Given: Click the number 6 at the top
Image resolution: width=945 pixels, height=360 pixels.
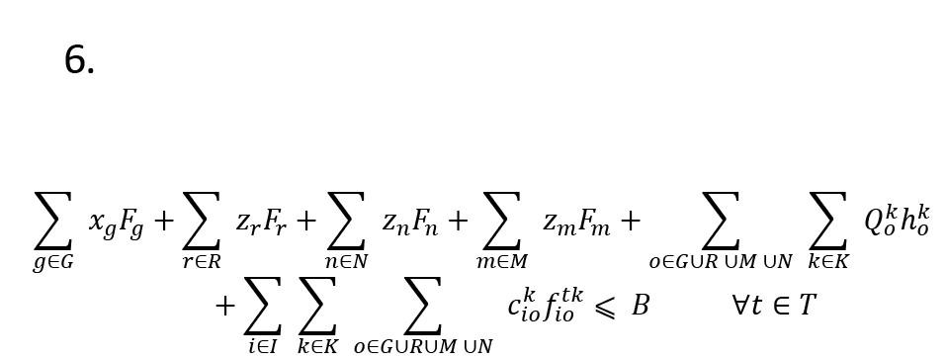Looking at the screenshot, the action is [79, 60].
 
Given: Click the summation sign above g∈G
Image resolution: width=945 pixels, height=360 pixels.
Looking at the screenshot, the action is [53, 221].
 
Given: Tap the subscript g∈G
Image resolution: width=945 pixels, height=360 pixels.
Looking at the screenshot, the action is [53, 262].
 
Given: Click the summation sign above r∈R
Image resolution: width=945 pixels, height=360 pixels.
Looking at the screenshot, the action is [202, 221].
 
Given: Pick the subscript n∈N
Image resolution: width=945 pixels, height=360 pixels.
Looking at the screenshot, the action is [347, 262].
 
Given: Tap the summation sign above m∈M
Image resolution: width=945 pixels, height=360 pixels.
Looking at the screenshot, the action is [501, 221].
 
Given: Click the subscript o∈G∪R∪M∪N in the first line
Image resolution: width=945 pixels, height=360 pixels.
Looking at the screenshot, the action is [721, 262].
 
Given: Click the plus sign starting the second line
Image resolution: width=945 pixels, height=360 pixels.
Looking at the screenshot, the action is [224, 306].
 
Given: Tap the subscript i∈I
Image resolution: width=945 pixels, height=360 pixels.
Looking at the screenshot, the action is [263, 346].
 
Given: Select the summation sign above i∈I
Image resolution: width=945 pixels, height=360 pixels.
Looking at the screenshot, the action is [263, 306].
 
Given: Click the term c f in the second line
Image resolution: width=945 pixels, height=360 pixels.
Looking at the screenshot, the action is [546, 306].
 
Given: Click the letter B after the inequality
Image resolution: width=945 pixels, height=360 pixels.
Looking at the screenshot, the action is [640, 306].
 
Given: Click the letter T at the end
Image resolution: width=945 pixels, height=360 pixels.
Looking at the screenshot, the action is [807, 306].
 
